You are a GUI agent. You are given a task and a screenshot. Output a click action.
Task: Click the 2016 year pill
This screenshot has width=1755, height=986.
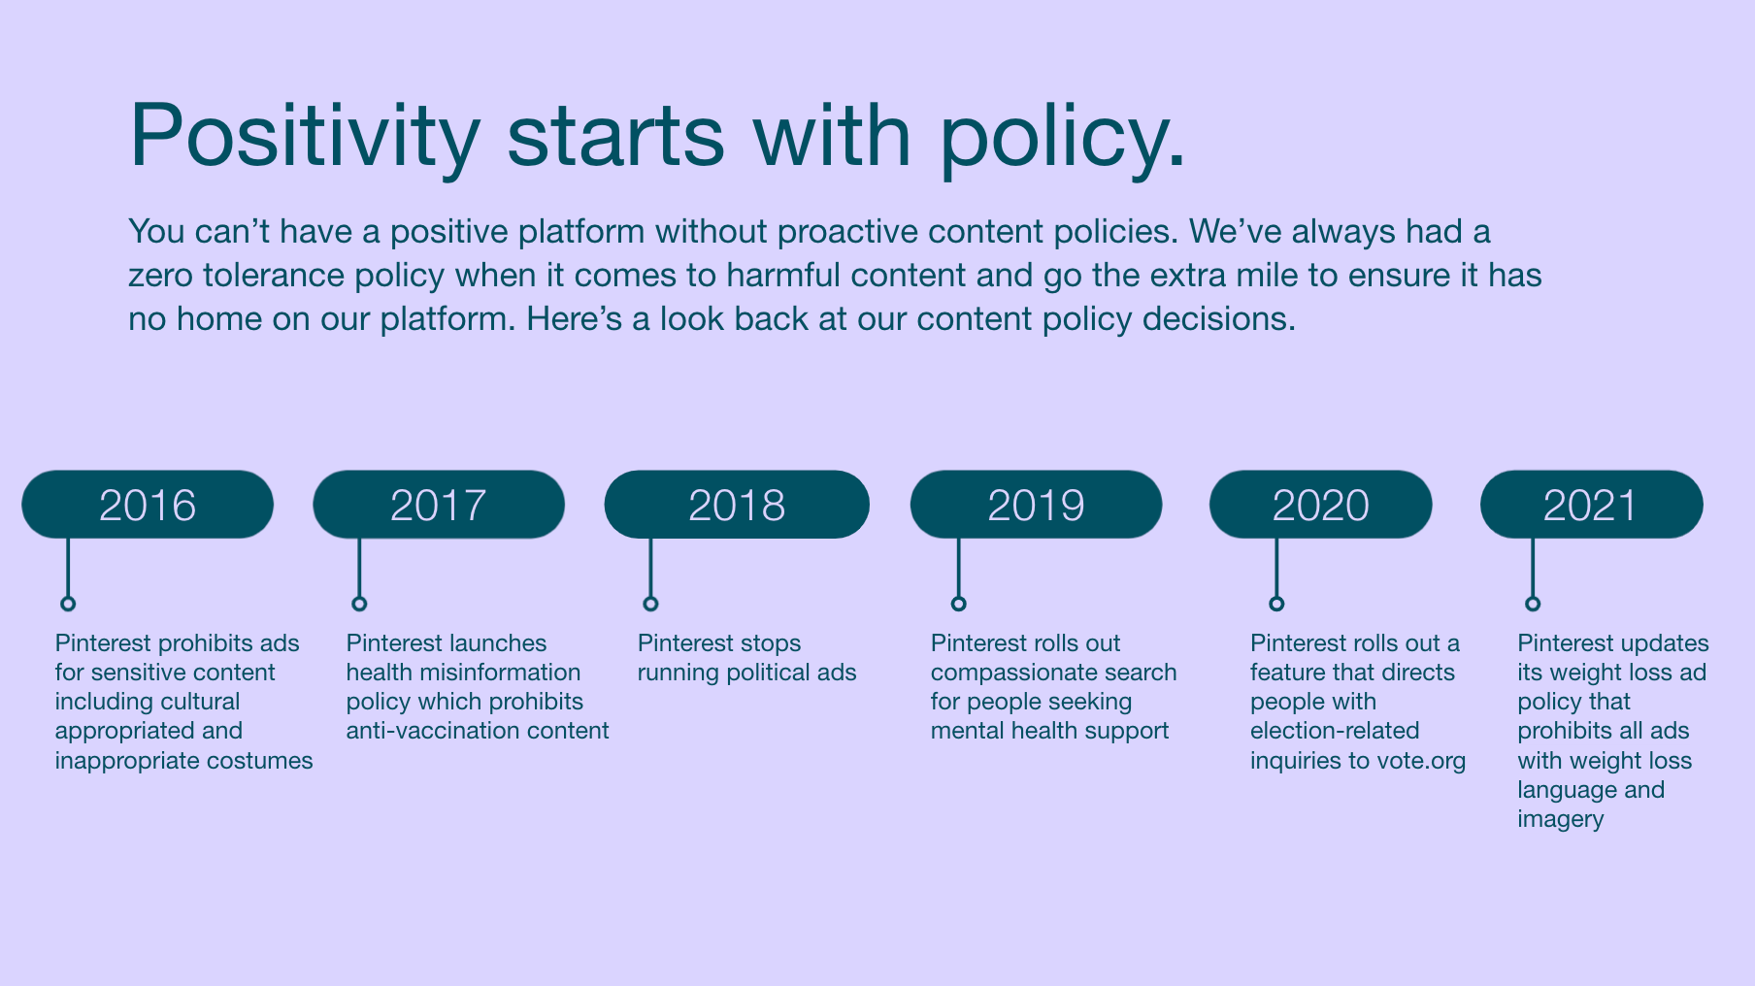148,505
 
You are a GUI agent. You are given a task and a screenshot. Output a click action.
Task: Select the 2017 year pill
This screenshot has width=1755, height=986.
439,505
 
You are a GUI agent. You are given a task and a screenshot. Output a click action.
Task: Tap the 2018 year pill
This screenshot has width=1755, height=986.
737,505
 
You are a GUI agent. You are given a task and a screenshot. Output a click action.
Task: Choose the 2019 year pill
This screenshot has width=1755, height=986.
1036,505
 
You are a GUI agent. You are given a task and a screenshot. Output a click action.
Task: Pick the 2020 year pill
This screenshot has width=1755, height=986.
1320,505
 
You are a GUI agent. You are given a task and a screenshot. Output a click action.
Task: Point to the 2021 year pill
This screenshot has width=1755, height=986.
1591,505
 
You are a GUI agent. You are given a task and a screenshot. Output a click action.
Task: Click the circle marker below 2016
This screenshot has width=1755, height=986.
68,604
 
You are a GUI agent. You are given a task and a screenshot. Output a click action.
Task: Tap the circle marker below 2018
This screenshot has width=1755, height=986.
650,604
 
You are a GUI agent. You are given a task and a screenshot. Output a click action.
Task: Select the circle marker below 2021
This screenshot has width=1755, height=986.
1533,604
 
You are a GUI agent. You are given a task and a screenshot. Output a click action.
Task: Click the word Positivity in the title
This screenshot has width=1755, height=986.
305,136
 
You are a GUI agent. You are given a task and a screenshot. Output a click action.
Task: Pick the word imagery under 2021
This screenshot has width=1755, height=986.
1561,819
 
